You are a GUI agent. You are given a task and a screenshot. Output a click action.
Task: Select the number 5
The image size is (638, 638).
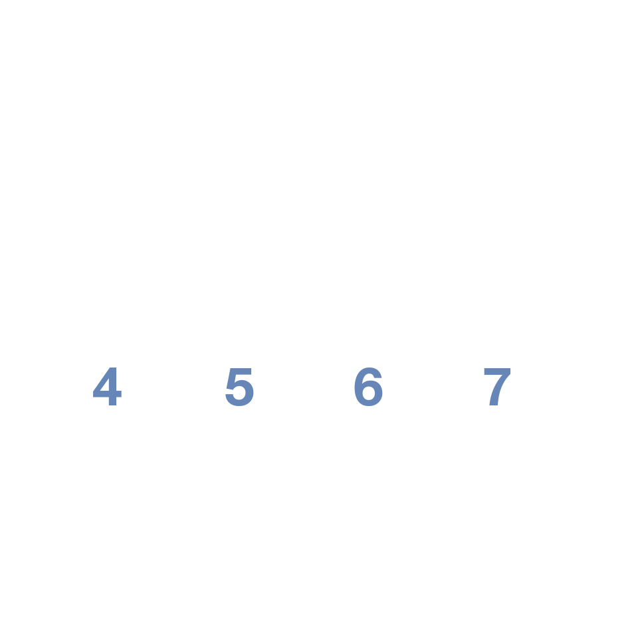pos(240,387)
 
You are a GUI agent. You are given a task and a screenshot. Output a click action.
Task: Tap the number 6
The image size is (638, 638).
pos(368,387)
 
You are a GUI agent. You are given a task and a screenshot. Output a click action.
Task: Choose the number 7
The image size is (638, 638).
pos(497,387)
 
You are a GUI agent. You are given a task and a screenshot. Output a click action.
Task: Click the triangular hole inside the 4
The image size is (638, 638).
pos(106,385)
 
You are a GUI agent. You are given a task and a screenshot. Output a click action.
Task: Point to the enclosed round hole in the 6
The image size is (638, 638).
pos(368,393)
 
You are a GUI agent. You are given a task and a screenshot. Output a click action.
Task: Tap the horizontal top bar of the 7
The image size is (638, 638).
pos(497,371)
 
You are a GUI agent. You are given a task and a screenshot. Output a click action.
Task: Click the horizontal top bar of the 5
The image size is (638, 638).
pos(241,371)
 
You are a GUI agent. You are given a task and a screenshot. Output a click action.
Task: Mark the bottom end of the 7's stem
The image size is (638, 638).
pos(494,405)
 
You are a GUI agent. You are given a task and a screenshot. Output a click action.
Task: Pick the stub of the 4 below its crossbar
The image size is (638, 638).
pos(113,401)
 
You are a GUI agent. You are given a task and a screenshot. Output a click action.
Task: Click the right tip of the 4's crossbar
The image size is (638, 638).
pos(121,394)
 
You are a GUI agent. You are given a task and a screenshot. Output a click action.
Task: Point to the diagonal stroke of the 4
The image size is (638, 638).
pos(102,379)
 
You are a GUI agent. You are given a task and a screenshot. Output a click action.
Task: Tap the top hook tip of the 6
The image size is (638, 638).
pos(378,377)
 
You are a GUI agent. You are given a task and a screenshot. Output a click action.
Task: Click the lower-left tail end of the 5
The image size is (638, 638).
pos(229,395)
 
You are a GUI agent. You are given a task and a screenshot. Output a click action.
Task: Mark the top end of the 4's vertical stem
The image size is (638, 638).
pos(113,368)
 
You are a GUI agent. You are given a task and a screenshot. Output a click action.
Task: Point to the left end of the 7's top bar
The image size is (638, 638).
pos(484,371)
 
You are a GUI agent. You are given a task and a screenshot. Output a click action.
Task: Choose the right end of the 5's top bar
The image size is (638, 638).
pos(251,371)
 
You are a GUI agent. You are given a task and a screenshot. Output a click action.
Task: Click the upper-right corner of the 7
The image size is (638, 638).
pos(510,368)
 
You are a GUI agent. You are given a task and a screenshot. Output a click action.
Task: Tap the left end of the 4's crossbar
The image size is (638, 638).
pos(93,394)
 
